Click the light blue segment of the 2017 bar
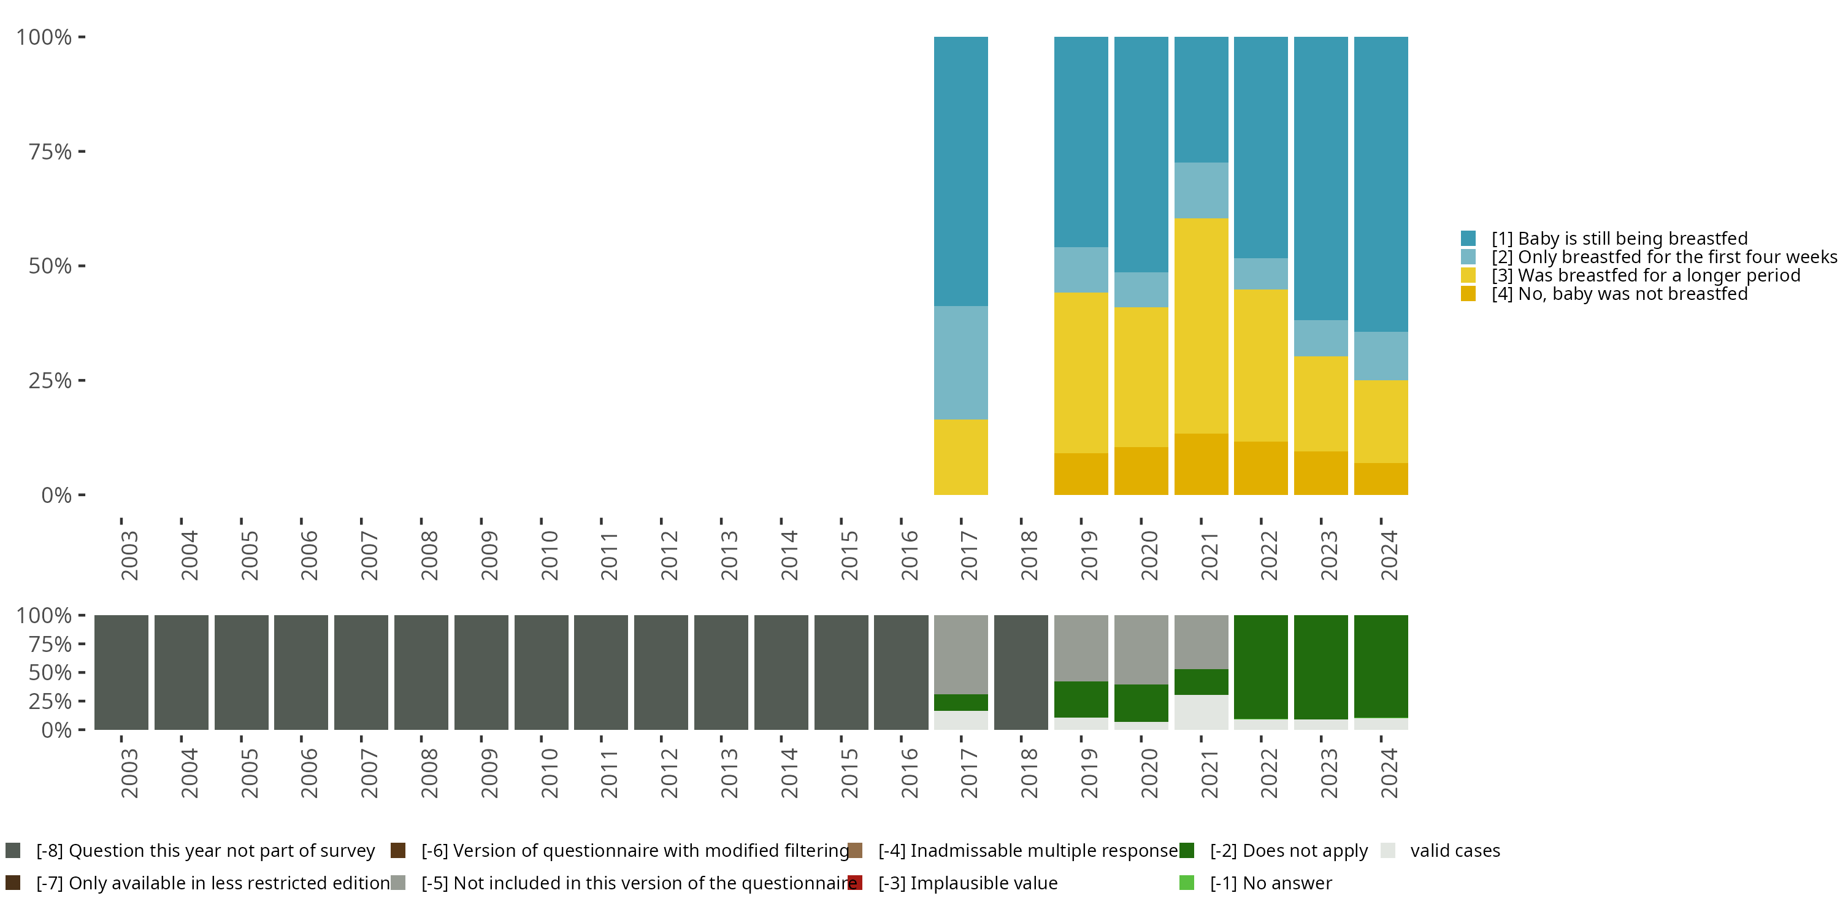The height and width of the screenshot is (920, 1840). pyautogui.click(x=960, y=363)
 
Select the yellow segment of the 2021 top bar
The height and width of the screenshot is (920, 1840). pyautogui.click(x=1201, y=326)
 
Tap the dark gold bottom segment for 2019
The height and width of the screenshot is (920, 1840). pyautogui.click(x=1081, y=473)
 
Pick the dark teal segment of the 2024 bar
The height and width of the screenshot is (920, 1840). pyautogui.click(x=1381, y=184)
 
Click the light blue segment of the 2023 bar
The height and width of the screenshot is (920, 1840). pyautogui.click(x=1321, y=338)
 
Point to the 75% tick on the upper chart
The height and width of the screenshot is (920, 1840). pyautogui.click(x=50, y=151)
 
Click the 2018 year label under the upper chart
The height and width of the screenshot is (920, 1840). pyautogui.click(x=1029, y=555)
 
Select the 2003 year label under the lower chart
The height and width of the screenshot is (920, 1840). pyautogui.click(x=129, y=773)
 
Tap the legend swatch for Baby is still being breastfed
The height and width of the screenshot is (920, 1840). pyautogui.click(x=1468, y=239)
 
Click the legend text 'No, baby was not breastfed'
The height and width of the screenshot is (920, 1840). pyautogui.click(x=1619, y=294)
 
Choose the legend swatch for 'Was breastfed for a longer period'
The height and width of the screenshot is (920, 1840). pyautogui.click(x=1468, y=275)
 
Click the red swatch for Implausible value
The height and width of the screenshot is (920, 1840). pyautogui.click(x=855, y=883)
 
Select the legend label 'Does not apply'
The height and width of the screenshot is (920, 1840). pyautogui.click(x=1289, y=851)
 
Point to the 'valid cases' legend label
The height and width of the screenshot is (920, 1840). pyautogui.click(x=1455, y=851)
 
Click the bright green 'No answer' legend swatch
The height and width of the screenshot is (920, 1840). pyautogui.click(x=1186, y=883)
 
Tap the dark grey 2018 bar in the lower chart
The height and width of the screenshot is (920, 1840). pyautogui.click(x=1021, y=672)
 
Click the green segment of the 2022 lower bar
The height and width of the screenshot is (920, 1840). pyautogui.click(x=1261, y=667)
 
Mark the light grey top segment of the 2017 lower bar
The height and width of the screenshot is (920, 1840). pyautogui.click(x=960, y=654)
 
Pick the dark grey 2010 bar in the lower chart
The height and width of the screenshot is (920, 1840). pyautogui.click(x=541, y=672)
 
